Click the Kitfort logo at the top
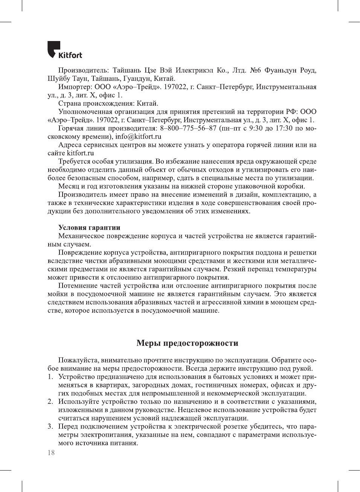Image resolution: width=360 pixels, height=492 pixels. click(x=65, y=50)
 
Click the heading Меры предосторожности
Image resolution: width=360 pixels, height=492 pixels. click(x=187, y=343)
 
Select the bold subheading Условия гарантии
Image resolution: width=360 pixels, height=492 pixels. click(x=89, y=227)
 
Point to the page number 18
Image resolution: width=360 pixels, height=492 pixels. click(x=51, y=452)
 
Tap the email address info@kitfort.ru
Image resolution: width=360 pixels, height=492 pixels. click(x=138, y=137)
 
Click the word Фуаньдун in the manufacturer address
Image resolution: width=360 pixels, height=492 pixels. click(x=280, y=70)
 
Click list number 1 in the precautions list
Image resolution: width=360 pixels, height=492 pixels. click(x=50, y=377)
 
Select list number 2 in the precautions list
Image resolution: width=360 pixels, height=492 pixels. click(x=50, y=402)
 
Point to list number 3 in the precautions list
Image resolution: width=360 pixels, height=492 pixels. click(x=50, y=427)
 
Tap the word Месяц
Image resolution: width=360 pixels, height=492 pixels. click(x=69, y=186)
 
